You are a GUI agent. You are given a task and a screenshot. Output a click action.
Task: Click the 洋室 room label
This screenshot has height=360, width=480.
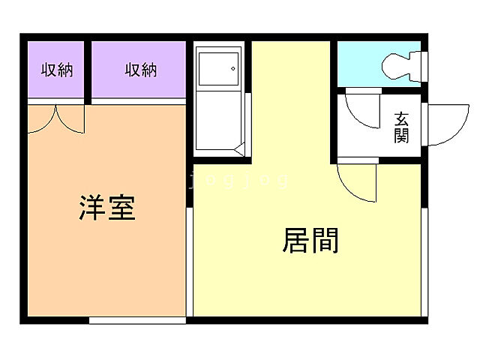(x=107, y=208)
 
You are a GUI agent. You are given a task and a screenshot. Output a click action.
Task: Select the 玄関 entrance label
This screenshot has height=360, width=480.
(x=402, y=127)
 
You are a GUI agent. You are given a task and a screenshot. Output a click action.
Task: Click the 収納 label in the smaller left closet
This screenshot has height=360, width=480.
(x=57, y=70)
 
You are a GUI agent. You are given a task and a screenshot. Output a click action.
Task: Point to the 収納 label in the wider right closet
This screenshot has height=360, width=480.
(x=140, y=70)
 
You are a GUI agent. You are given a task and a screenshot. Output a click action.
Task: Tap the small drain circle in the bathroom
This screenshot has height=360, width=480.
(x=233, y=69)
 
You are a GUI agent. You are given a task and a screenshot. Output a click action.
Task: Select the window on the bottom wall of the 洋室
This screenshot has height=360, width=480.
(x=137, y=320)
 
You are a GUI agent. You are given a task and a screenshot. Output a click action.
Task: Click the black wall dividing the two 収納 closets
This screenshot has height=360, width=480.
(x=88, y=70)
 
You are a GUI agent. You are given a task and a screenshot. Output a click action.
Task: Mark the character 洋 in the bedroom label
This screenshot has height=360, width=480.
(x=93, y=208)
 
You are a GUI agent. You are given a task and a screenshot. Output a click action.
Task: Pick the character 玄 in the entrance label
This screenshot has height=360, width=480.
(x=402, y=118)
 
